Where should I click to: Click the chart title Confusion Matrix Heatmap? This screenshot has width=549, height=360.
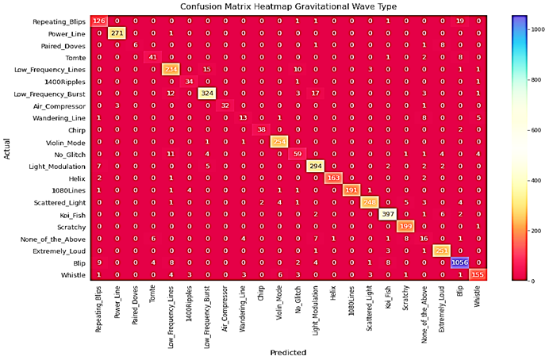tap(276, 6)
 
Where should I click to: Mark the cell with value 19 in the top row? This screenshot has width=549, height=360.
tap(461, 21)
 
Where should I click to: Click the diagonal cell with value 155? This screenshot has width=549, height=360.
tap(479, 274)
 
